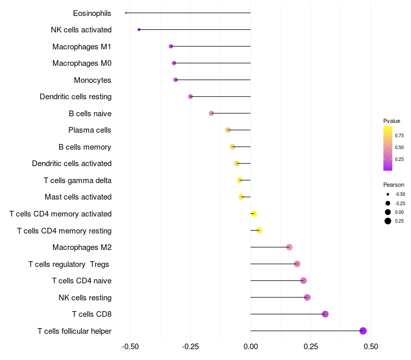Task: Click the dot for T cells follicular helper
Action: tap(363, 331)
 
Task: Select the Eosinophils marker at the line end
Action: tap(126, 13)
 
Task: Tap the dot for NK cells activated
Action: tap(139, 30)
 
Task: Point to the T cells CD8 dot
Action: tap(325, 314)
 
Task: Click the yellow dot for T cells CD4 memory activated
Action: tap(253, 214)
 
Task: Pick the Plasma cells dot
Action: tap(228, 130)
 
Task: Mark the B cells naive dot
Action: tap(211, 113)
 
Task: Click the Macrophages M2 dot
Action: tap(289, 247)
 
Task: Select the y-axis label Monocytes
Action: tap(92, 80)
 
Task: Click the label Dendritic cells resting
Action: tap(76, 97)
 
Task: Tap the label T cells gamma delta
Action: tap(78, 181)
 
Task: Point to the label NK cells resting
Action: tap(85, 298)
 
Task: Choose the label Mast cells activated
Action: tap(78, 197)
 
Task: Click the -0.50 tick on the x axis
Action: tap(130, 347)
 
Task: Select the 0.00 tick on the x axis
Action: tap(250, 347)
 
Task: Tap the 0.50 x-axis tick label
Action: tap(370, 347)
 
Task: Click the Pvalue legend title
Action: tap(391, 121)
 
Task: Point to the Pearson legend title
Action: tap(394, 185)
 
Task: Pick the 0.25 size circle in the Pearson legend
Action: tap(387, 221)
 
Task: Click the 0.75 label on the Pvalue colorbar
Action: tap(399, 136)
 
